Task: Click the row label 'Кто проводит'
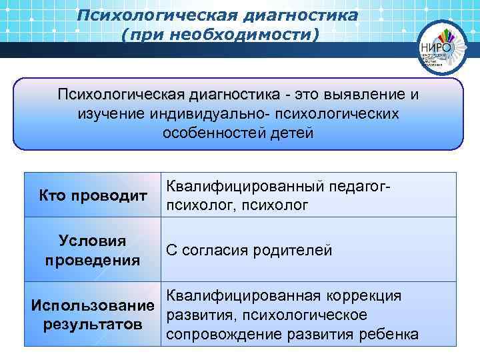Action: [92, 195]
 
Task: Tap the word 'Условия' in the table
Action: [92, 241]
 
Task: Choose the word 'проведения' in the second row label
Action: [92, 259]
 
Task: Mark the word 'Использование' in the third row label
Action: [93, 306]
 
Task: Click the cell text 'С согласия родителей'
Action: [249, 250]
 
